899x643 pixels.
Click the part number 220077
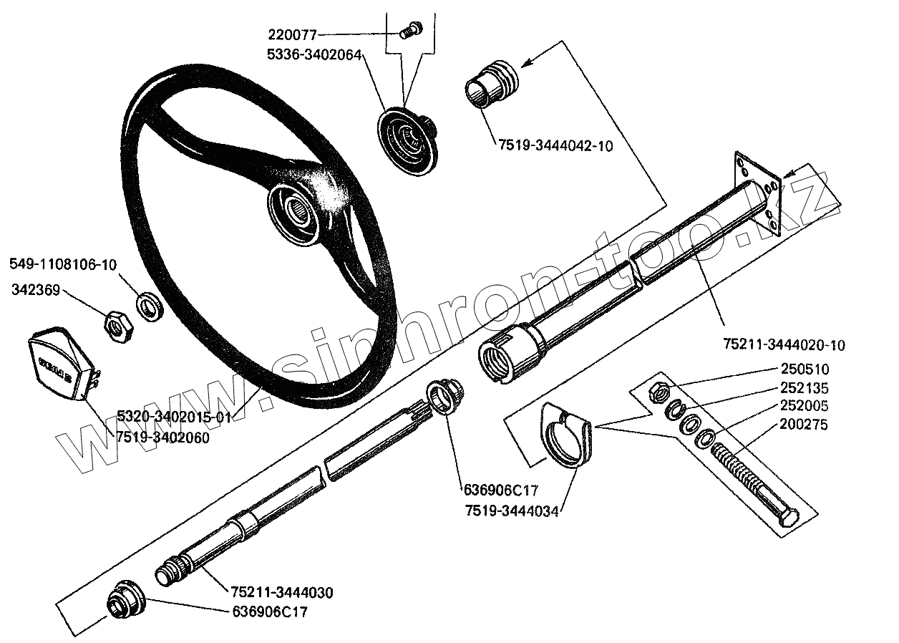(x=293, y=34)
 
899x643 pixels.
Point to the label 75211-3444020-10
(x=784, y=345)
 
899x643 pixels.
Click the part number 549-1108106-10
(x=63, y=264)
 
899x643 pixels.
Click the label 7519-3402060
(x=163, y=437)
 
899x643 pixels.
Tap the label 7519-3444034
(x=512, y=510)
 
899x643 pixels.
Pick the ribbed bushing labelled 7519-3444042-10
(x=490, y=84)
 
